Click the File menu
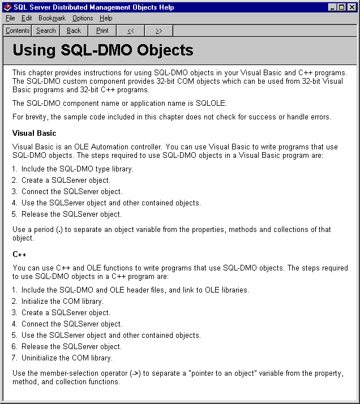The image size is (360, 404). [10, 18]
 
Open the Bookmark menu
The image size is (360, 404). [52, 18]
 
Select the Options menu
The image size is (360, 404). [83, 18]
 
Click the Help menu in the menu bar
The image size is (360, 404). [106, 18]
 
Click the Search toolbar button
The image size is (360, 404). [46, 31]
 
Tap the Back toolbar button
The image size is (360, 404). [74, 31]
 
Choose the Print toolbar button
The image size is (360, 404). [102, 31]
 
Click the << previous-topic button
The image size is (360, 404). [131, 31]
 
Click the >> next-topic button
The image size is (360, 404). [159, 31]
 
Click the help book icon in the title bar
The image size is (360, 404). [8, 7]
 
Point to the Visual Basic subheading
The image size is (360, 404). [35, 133]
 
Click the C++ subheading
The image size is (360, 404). [19, 254]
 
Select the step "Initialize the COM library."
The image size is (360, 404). [62, 301]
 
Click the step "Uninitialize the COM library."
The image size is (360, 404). [67, 358]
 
